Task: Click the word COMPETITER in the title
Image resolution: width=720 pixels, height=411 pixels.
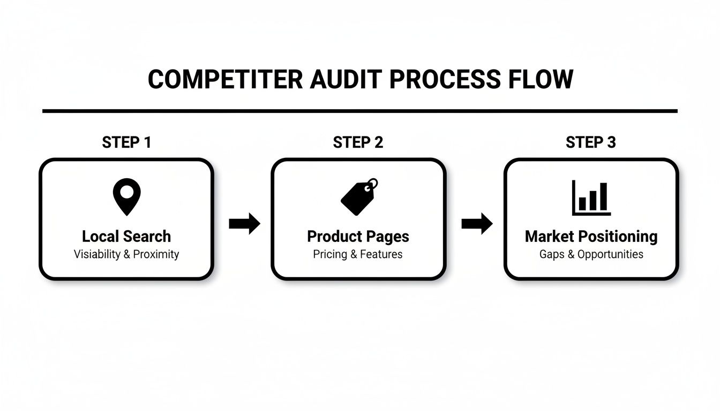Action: tap(225, 79)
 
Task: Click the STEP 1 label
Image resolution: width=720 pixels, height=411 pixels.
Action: tap(126, 142)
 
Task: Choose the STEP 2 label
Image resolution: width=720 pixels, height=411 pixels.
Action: tap(358, 142)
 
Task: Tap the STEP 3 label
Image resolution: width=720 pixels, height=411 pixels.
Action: tap(590, 142)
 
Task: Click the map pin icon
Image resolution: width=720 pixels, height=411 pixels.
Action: tap(127, 196)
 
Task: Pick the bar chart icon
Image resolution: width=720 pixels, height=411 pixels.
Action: tap(591, 197)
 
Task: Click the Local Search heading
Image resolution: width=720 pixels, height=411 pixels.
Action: tap(126, 236)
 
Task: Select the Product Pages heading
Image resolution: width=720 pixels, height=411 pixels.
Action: tap(358, 236)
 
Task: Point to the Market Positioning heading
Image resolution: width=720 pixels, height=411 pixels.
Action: tap(591, 236)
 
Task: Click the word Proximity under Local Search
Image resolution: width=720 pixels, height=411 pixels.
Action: tap(156, 254)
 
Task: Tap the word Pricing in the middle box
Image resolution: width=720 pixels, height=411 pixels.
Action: tap(330, 254)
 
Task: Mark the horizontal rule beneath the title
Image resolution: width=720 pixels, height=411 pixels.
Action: tap(359, 111)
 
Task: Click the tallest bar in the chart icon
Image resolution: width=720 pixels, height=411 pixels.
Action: tap(603, 196)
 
